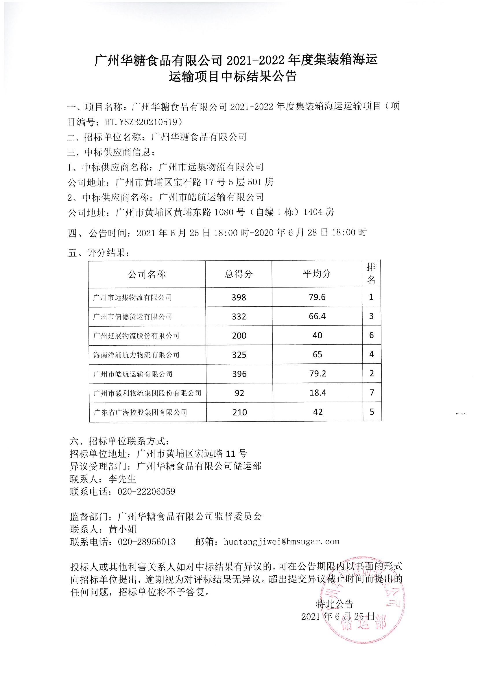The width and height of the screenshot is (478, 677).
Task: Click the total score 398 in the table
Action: (x=239, y=297)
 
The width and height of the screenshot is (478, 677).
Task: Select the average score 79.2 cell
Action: (x=318, y=374)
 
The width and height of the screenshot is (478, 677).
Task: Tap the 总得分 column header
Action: (x=239, y=274)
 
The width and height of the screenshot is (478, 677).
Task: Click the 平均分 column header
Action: (x=317, y=274)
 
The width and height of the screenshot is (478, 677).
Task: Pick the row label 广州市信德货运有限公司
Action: (x=132, y=317)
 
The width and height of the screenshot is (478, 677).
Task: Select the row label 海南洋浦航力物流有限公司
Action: (x=136, y=355)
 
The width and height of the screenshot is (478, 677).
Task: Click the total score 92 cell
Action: (x=239, y=393)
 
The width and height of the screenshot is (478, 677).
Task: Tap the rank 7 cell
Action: (x=372, y=392)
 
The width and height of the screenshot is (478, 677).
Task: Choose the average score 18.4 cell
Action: (x=318, y=393)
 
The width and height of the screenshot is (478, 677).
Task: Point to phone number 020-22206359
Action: (x=146, y=491)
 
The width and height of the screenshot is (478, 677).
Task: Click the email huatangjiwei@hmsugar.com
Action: (x=281, y=542)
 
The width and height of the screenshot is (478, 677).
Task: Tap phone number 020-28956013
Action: (x=147, y=542)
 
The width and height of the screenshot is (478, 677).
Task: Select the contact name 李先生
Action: (x=122, y=479)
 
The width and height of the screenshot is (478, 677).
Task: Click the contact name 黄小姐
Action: (x=123, y=529)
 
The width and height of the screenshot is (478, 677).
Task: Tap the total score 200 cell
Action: (x=239, y=336)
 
